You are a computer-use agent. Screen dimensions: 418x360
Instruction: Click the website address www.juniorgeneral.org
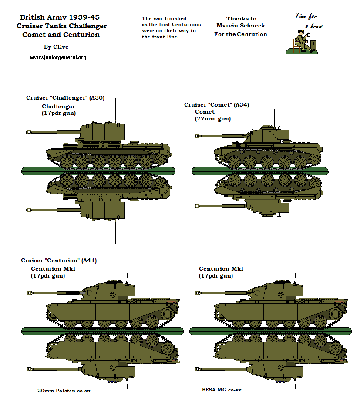[58, 57]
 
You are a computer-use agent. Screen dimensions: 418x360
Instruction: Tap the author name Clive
[56, 47]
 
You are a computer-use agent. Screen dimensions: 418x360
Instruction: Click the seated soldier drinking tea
[301, 41]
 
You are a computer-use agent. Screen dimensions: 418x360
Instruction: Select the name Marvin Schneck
[241, 26]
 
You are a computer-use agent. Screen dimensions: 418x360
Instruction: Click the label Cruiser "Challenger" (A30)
[65, 98]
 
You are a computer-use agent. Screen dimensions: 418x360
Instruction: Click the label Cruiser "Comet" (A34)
[216, 105]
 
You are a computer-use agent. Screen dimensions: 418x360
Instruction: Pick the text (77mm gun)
[213, 119]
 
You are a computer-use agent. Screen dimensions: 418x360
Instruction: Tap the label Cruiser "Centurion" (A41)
[59, 261]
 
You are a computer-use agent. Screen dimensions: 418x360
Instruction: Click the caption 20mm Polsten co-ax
[64, 391]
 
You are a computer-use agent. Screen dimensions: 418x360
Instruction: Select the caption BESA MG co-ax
[222, 390]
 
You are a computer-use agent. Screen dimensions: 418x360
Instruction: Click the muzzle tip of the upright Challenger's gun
[29, 131]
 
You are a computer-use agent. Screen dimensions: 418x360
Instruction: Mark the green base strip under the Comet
[259, 171]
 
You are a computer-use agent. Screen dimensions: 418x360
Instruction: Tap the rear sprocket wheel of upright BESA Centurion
[334, 313]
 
